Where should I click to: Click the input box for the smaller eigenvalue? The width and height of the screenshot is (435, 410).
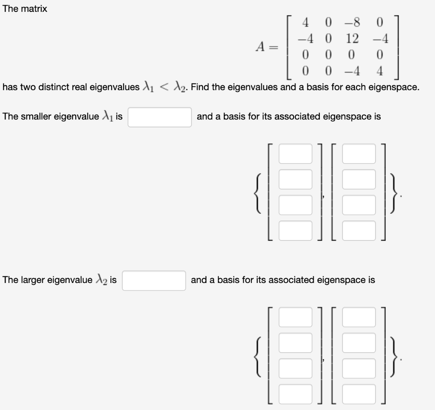pos(159,117)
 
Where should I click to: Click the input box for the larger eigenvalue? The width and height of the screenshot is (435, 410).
pos(154,280)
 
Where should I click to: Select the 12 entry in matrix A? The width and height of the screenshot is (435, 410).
pos(352,39)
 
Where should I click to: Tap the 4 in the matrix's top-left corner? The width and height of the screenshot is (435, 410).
pos(306,21)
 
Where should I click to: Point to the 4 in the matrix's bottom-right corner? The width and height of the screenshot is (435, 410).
pos(380,71)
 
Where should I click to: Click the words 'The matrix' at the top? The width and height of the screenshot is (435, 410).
pos(25,9)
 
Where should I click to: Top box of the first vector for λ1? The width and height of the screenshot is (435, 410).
pos(295,153)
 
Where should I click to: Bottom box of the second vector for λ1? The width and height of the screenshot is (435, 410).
pos(359,230)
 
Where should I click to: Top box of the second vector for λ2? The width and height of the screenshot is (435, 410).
pos(359,317)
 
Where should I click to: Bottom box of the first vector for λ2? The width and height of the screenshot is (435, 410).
pos(295,393)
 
